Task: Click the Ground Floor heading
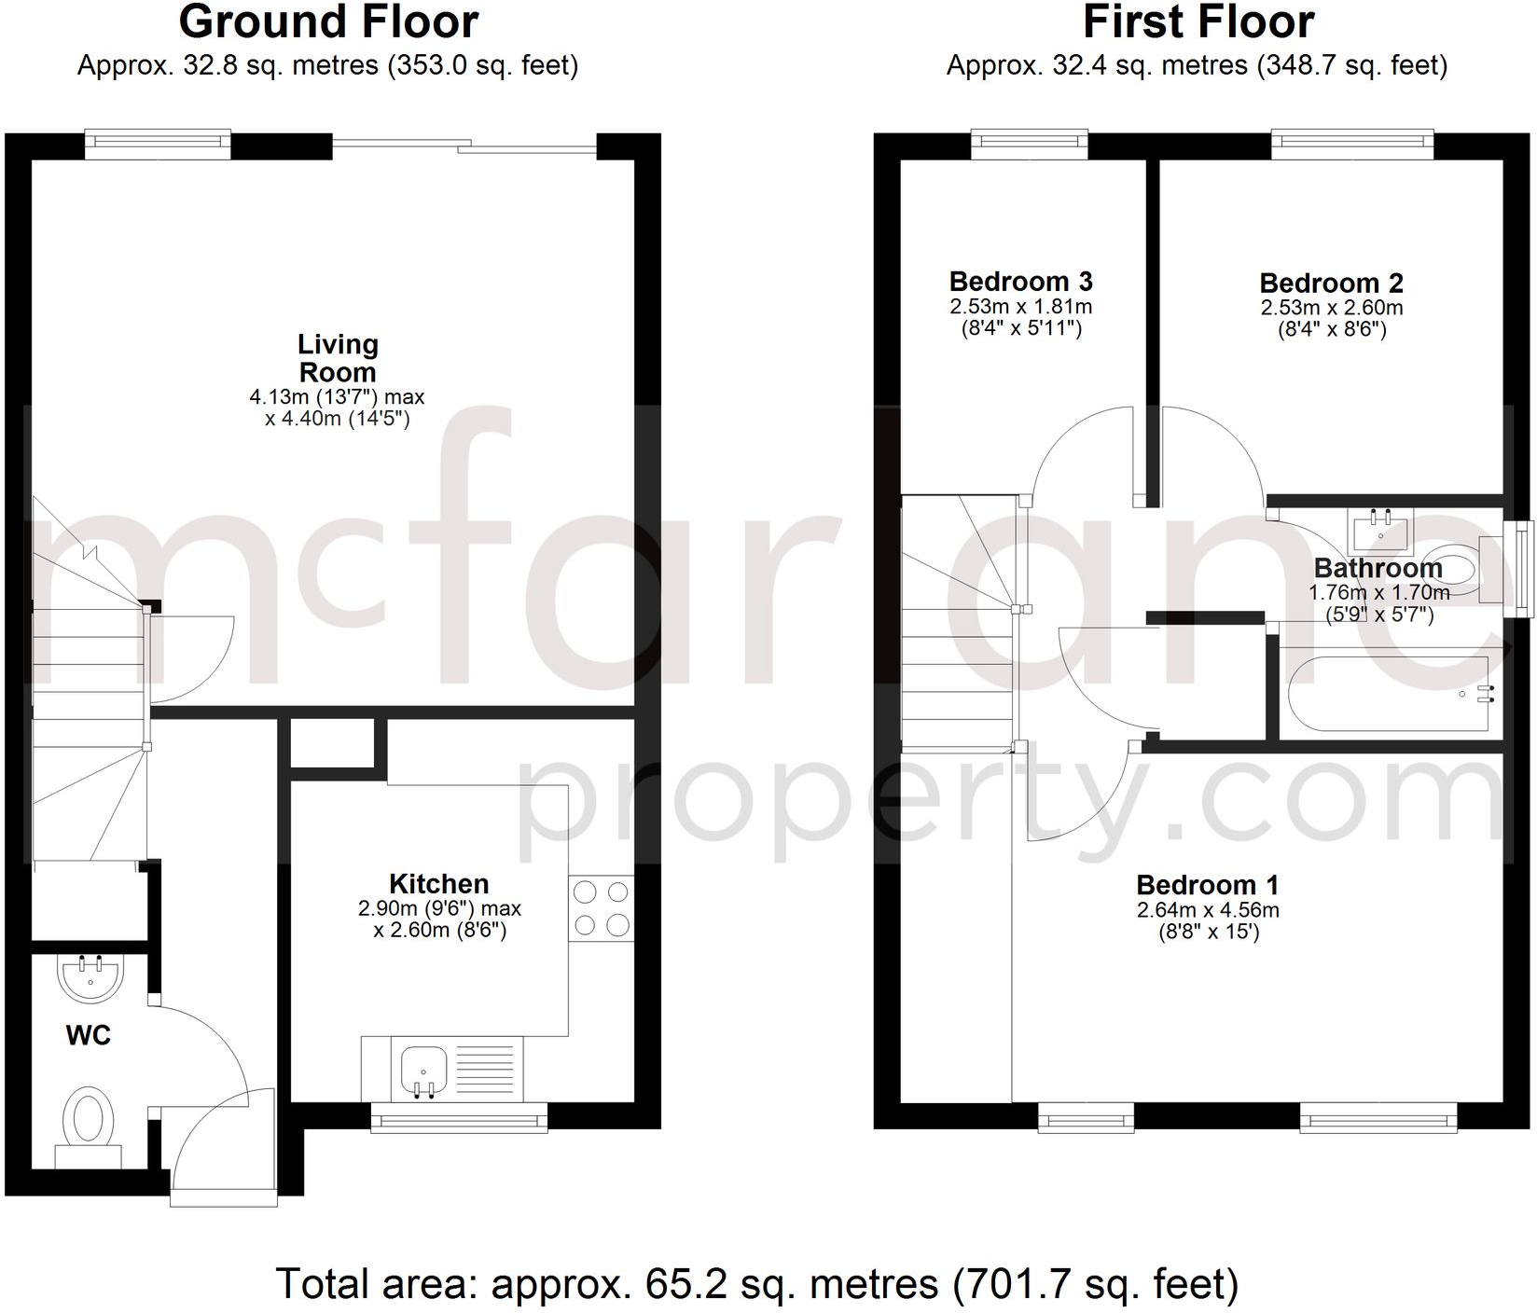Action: [x=328, y=22]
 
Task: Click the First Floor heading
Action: [x=1198, y=22]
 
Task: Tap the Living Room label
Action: [x=338, y=358]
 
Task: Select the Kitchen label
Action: [x=438, y=884]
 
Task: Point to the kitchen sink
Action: [x=424, y=1069]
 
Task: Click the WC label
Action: [x=89, y=1035]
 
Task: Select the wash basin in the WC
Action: [x=90, y=976]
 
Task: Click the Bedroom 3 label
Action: [x=1020, y=282]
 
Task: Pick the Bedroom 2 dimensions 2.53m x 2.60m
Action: [x=1331, y=308]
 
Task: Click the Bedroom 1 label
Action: [x=1207, y=885]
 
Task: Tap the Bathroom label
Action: [x=1378, y=568]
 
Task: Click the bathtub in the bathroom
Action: [x=1385, y=693]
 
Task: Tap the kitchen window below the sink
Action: [x=459, y=1117]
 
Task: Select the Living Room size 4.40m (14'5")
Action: [x=337, y=419]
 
